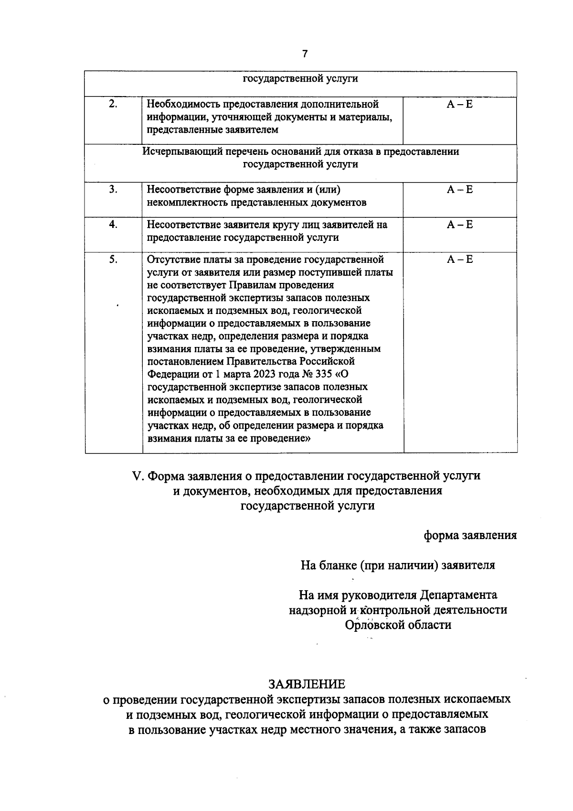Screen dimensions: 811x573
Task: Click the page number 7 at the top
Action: coord(305,54)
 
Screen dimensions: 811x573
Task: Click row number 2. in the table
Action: coord(113,104)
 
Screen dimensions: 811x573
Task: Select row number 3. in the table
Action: coord(113,189)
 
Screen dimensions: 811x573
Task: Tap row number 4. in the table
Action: coord(113,224)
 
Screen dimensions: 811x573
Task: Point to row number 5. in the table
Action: coord(113,260)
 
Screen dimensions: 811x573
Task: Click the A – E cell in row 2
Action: coord(459,104)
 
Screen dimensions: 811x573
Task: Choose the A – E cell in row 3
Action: coord(459,190)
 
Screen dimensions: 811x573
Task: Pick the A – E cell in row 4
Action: coord(459,225)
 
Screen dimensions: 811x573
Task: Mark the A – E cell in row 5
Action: coord(459,260)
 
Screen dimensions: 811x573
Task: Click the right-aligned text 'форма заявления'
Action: coord(470,535)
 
